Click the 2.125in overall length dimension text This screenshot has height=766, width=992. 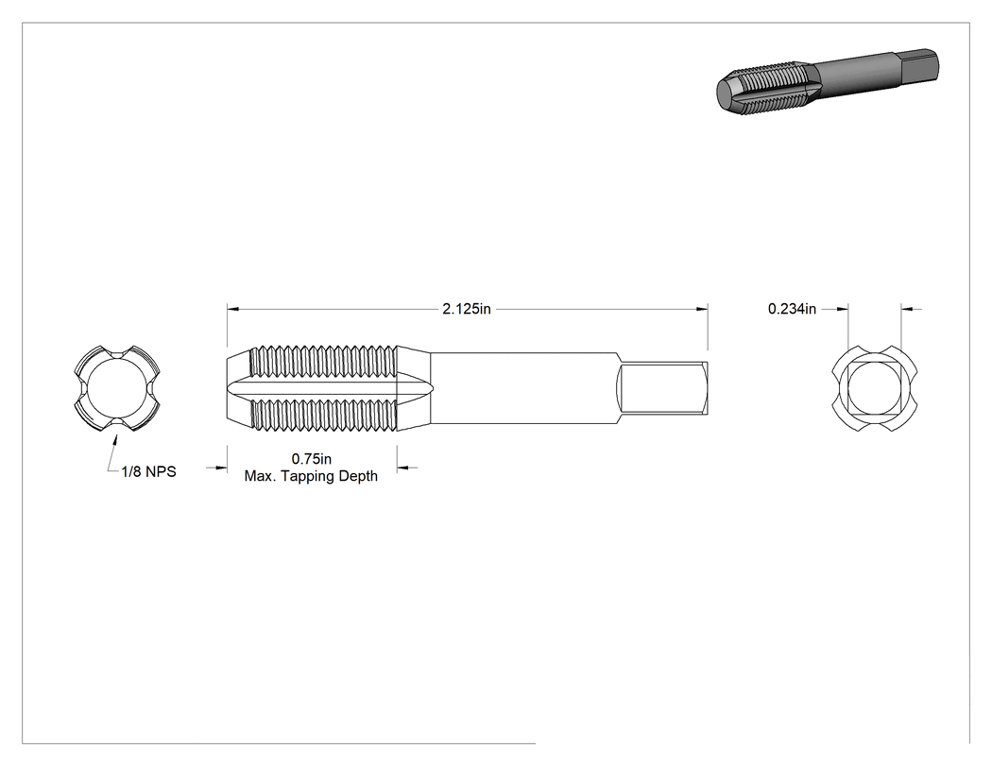[467, 309]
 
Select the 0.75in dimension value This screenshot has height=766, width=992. [311, 459]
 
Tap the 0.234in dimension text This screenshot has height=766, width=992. [792, 309]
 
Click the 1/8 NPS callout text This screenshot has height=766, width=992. [148, 472]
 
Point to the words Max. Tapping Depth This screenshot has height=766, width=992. [311, 476]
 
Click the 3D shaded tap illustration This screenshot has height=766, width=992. [827, 81]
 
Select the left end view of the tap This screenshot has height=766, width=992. [117, 389]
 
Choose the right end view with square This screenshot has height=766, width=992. [874, 389]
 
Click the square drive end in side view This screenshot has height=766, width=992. [662, 388]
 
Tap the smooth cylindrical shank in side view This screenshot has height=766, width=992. [523, 388]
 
